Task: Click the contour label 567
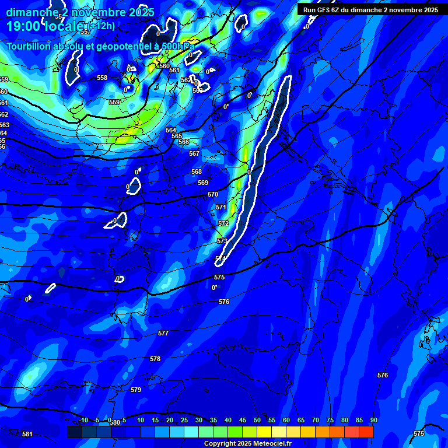tap(194, 153)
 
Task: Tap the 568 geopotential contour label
tap(197, 171)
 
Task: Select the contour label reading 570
tap(213, 194)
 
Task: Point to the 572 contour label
tap(223, 223)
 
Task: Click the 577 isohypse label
tap(163, 333)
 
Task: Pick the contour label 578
tap(155, 359)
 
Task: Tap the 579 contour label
tap(136, 390)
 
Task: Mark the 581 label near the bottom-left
tap(27, 434)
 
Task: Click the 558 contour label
tap(102, 78)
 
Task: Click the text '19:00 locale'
tap(47, 26)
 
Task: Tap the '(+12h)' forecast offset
tap(102, 25)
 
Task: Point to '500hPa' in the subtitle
tap(177, 46)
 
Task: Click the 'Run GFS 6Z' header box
tap(371, 10)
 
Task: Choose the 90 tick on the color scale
tap(373, 420)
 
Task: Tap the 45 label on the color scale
tap(257, 420)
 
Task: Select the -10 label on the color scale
tap(83, 420)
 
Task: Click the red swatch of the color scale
tap(366, 432)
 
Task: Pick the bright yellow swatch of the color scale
tap(264, 432)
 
